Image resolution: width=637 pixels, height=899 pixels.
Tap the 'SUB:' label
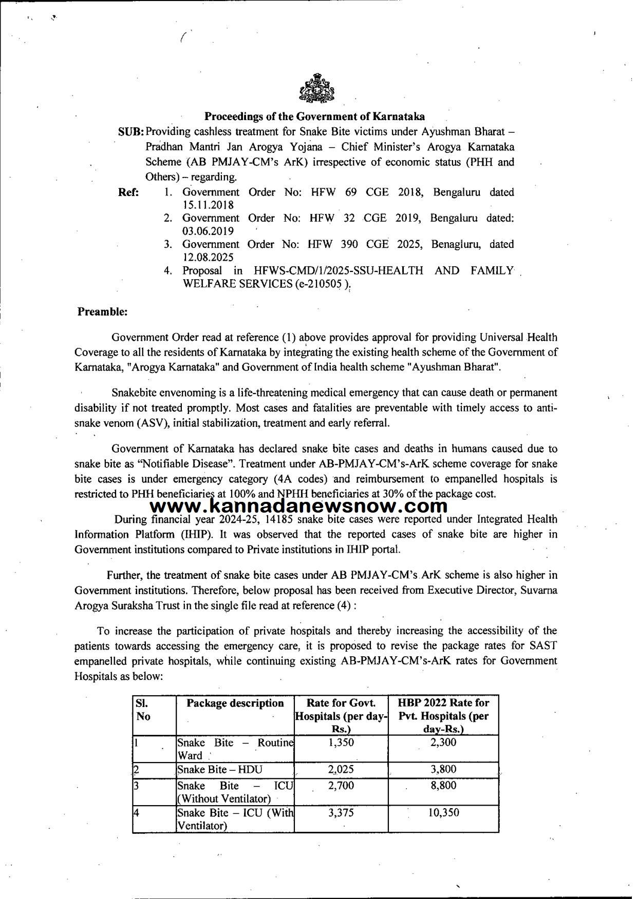(132, 132)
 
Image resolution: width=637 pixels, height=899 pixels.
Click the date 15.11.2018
(201, 205)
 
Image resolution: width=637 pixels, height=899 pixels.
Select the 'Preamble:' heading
(102, 311)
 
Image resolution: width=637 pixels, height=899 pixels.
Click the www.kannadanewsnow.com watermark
(301, 506)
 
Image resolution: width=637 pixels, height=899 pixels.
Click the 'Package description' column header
(235, 703)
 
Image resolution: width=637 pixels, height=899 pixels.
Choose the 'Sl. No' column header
(143, 710)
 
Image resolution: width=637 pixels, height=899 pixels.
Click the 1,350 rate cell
(341, 742)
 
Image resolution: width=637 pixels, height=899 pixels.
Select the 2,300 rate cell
(443, 742)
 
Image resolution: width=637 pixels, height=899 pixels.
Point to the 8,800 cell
(443, 786)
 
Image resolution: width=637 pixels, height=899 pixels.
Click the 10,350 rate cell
(443, 813)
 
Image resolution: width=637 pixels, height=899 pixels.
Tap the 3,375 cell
(341, 813)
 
